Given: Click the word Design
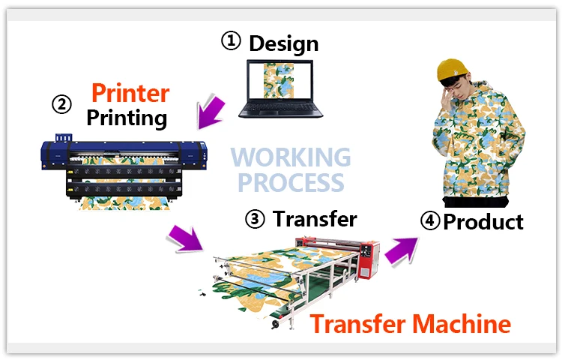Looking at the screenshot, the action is tap(283, 43).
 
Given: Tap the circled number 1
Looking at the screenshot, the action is tap(231, 41).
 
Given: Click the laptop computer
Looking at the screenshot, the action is tap(281, 90).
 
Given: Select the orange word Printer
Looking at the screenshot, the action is tap(130, 93).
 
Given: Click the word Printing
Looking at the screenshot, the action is tap(127, 117).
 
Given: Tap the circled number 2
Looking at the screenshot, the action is tap(62, 104).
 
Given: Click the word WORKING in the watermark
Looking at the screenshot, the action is tap(290, 157).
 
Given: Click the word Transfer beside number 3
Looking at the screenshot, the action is tap(315, 219).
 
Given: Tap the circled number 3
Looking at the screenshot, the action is tap(256, 219).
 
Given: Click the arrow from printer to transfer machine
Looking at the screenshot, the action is tap(185, 239).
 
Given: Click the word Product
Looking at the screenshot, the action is tap(483, 222).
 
